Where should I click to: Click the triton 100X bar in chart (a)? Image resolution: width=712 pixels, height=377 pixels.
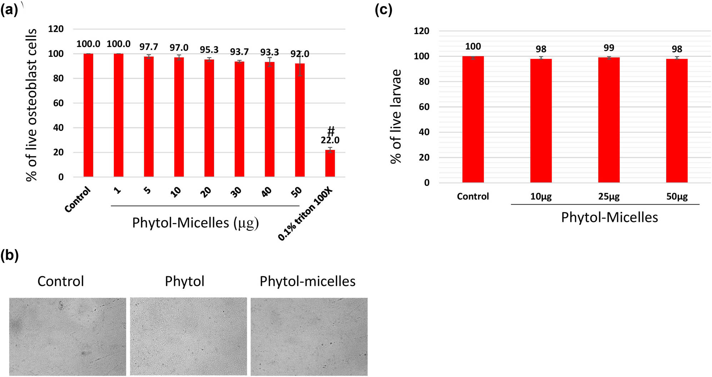[x=330, y=164]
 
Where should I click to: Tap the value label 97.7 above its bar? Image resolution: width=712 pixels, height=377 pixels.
[x=149, y=47]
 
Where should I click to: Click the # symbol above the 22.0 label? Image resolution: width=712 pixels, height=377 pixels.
[x=331, y=131]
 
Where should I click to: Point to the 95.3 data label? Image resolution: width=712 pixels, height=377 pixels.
[x=209, y=50]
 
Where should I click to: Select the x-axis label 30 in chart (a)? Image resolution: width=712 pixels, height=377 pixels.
[x=236, y=192]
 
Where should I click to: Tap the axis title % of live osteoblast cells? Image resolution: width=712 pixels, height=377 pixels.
[x=31, y=105]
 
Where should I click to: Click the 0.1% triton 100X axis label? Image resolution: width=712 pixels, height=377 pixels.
[x=306, y=214]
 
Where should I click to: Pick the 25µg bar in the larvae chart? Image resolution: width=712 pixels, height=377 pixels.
[x=609, y=120]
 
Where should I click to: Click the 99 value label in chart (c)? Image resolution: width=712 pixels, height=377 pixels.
[x=609, y=48]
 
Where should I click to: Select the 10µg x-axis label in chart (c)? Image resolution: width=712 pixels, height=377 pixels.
[x=541, y=196]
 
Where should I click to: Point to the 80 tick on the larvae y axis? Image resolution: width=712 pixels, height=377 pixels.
[x=424, y=82]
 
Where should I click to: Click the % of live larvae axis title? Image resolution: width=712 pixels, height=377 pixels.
[x=396, y=116]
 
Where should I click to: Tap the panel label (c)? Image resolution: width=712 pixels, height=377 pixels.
[x=383, y=10]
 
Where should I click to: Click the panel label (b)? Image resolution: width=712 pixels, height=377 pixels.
[x=10, y=255]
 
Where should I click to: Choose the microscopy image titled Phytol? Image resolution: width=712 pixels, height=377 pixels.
[x=188, y=336]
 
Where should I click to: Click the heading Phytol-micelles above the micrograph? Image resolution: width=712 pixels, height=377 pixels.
[x=307, y=281]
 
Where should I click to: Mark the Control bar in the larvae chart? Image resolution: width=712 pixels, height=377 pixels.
[x=473, y=119]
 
